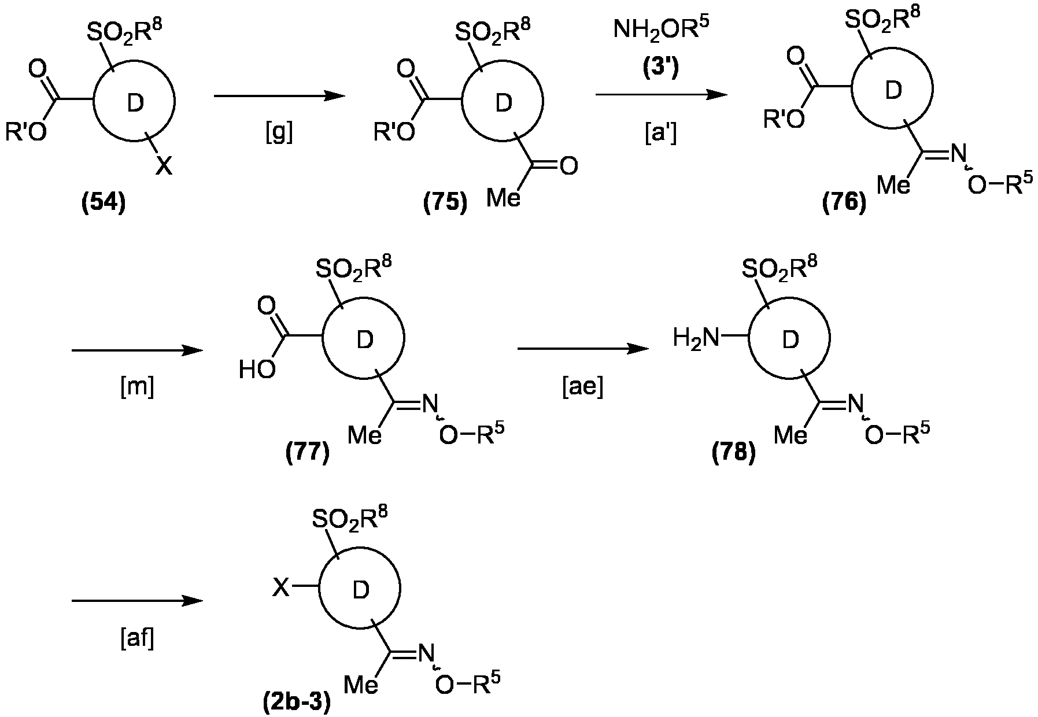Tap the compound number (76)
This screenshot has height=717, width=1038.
click(844, 204)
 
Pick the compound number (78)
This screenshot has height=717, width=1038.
click(734, 452)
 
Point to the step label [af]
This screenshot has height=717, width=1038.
click(137, 640)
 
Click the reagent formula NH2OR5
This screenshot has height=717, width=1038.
click(660, 31)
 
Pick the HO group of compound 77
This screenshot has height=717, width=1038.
click(257, 369)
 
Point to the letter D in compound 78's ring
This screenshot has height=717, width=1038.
click(790, 341)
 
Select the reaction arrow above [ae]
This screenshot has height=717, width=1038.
click(583, 349)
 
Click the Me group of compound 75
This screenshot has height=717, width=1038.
click(503, 198)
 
